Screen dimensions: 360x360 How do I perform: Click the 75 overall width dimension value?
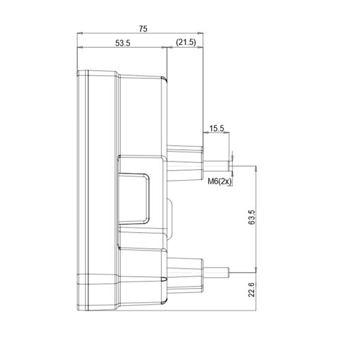(x=142, y=28)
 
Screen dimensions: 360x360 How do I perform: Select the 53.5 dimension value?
(x=122, y=43)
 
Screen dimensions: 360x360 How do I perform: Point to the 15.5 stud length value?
(x=217, y=128)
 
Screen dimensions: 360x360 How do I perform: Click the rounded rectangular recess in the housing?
(x=133, y=198)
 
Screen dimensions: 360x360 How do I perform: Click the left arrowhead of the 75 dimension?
(x=80, y=33)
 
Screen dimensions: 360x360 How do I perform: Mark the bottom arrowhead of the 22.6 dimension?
(x=257, y=309)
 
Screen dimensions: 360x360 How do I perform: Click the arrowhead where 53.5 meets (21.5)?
(x=166, y=48)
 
